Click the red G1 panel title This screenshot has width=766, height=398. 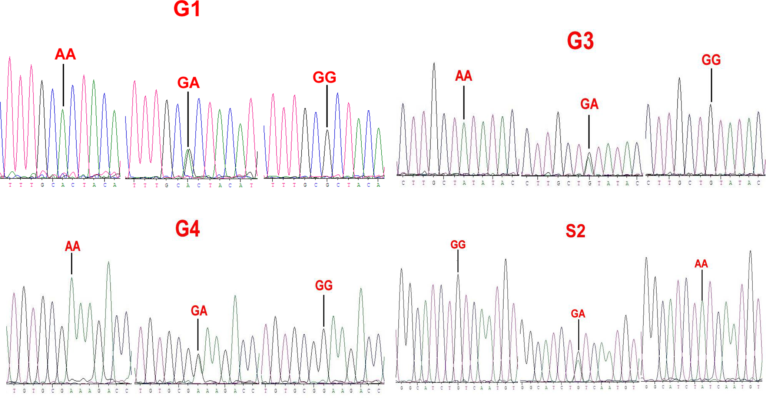[x=187, y=9]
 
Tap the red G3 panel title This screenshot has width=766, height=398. [x=580, y=41]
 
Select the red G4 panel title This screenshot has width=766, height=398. [x=188, y=229]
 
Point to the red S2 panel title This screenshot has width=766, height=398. [x=576, y=231]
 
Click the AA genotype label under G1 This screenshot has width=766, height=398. [x=65, y=54]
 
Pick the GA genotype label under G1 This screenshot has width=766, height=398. [x=188, y=83]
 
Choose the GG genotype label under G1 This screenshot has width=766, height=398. [x=324, y=78]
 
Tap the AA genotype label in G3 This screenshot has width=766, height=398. [x=464, y=76]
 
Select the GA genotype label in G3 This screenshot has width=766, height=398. [x=589, y=104]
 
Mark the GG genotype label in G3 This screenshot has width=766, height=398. [x=711, y=60]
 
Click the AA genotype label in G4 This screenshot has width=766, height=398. [x=72, y=247]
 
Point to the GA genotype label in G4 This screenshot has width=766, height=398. [x=199, y=311]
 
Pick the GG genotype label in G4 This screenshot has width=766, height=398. [x=324, y=285]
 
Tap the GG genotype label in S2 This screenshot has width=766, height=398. [x=458, y=245]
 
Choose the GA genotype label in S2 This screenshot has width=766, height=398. [x=578, y=314]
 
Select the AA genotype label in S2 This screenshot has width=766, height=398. [x=701, y=264]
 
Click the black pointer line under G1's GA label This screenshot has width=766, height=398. [x=188, y=118]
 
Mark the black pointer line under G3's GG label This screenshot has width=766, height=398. [x=711, y=85]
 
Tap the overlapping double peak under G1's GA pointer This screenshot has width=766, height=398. [x=189, y=163]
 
